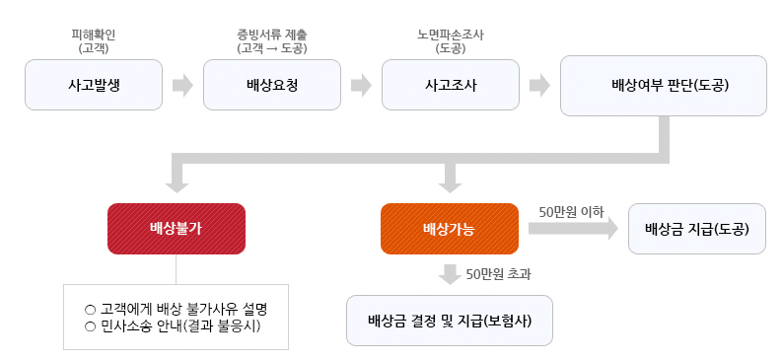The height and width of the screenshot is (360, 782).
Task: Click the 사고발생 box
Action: [x=94, y=85]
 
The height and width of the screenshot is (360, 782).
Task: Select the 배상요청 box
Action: [x=272, y=85]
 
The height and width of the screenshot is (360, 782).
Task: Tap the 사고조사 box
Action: [x=451, y=85]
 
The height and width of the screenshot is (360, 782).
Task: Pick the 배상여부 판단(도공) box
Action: [x=664, y=85]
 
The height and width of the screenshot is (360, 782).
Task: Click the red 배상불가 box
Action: [x=176, y=229]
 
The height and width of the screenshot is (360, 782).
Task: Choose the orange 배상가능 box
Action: [x=449, y=229]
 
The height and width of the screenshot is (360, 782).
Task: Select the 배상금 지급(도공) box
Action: [x=696, y=229]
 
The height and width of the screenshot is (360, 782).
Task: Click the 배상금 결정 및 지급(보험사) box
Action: [x=449, y=320]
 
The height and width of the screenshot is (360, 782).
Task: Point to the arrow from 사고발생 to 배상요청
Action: [x=182, y=85]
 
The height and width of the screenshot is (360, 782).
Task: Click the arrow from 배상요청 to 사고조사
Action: [x=361, y=85]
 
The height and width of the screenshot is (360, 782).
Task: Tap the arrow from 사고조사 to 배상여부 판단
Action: [x=539, y=85]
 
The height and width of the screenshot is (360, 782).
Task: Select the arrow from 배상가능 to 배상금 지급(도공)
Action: [x=572, y=229]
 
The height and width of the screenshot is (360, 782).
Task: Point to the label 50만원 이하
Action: [x=572, y=211]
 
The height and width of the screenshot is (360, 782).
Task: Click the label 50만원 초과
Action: [x=505, y=273]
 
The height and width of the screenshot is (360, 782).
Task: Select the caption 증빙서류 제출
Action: [x=272, y=36]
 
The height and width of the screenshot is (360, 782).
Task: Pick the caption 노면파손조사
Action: [x=451, y=36]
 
